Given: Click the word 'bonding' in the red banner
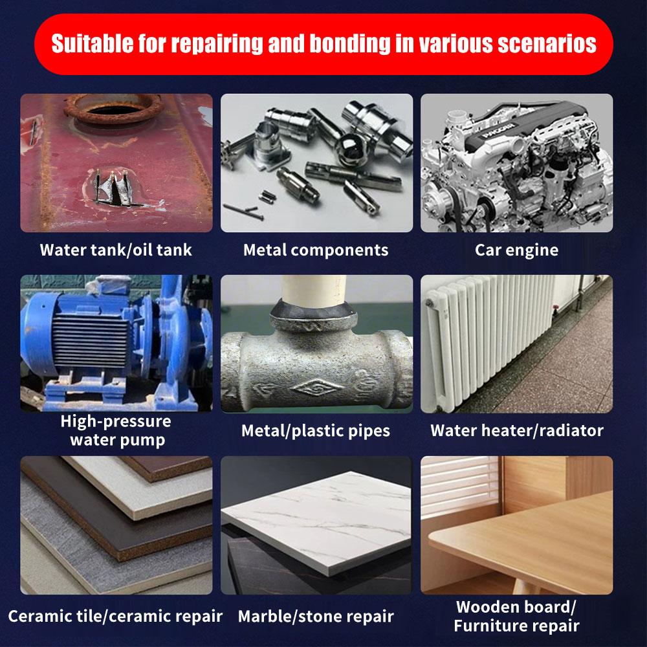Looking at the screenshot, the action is [x=349, y=44].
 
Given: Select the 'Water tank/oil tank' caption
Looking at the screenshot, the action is [x=116, y=250].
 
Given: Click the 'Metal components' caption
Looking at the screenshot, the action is [x=316, y=250].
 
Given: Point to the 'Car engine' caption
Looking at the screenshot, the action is [x=516, y=250].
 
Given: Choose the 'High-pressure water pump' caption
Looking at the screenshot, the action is [x=116, y=430].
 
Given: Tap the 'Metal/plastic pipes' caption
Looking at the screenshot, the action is [x=316, y=431].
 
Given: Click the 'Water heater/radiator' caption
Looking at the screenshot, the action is [x=516, y=430].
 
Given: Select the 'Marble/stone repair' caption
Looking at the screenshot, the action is [x=316, y=617].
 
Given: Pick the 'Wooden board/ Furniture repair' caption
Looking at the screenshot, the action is [x=516, y=617].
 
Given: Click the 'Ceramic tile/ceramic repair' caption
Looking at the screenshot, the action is [x=115, y=616].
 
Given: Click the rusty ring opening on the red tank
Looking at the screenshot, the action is [x=113, y=108].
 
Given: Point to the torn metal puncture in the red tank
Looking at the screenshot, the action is [x=116, y=188].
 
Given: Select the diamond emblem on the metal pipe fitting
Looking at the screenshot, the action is [x=316, y=388].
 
